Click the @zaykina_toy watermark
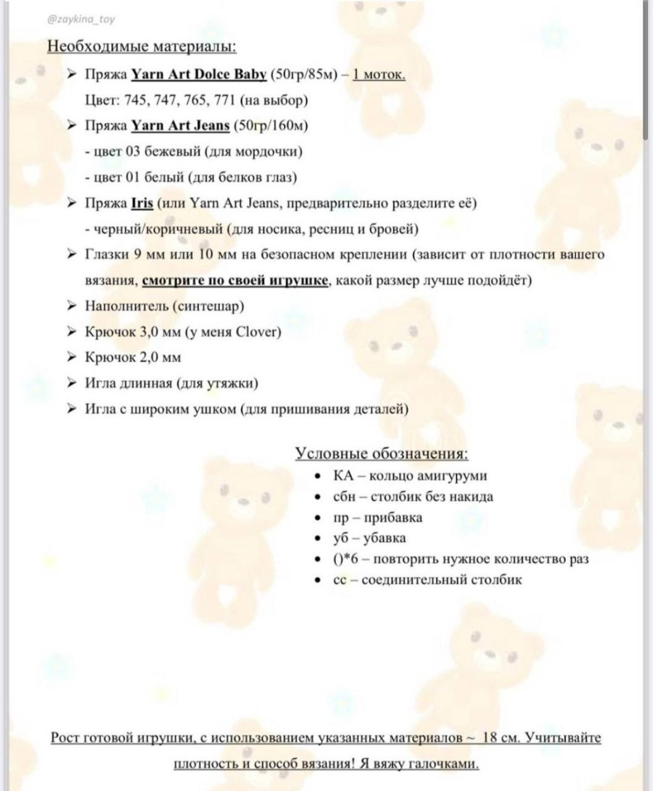80,19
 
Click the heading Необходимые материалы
141,47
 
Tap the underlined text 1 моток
379,75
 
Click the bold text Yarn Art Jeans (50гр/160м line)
180,126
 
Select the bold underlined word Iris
142,203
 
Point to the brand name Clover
258,332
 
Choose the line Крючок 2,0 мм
133,358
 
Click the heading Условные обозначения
381,454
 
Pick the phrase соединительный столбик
441,580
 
